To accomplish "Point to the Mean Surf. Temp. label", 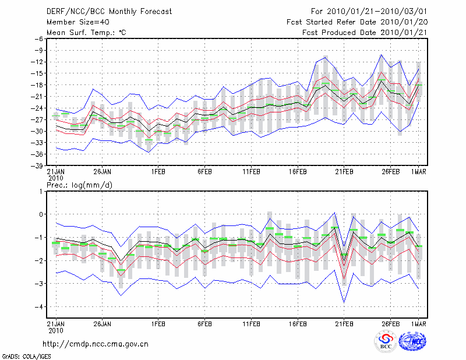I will click(x=86, y=33).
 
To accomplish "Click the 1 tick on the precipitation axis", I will click(x=41, y=191).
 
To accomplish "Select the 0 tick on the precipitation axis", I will click(x=41, y=214).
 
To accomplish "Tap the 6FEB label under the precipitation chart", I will click(x=204, y=323).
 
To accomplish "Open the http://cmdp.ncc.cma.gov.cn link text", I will click(x=96, y=344).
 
